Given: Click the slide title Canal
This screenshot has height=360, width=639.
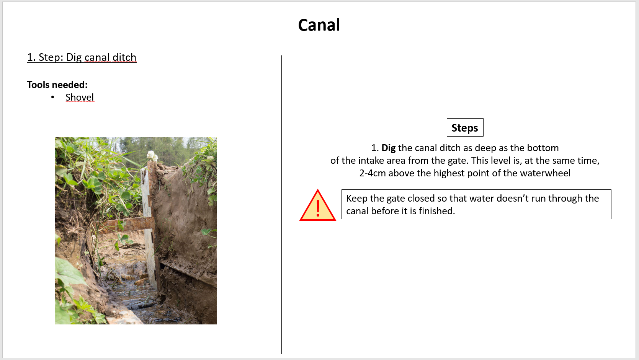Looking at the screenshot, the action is click(319, 25).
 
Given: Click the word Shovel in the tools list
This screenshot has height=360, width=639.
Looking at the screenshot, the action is click(80, 97).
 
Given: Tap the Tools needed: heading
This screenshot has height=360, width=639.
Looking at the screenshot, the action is click(57, 85).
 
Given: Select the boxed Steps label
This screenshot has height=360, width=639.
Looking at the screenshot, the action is click(465, 127).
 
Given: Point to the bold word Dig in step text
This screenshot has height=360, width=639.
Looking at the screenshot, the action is click(389, 148).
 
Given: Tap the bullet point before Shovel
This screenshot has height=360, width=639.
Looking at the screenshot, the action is click(52, 97).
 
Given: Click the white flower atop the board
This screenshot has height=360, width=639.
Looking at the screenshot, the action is click(152, 156).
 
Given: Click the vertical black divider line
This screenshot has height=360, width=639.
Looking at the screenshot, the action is click(281, 204).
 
